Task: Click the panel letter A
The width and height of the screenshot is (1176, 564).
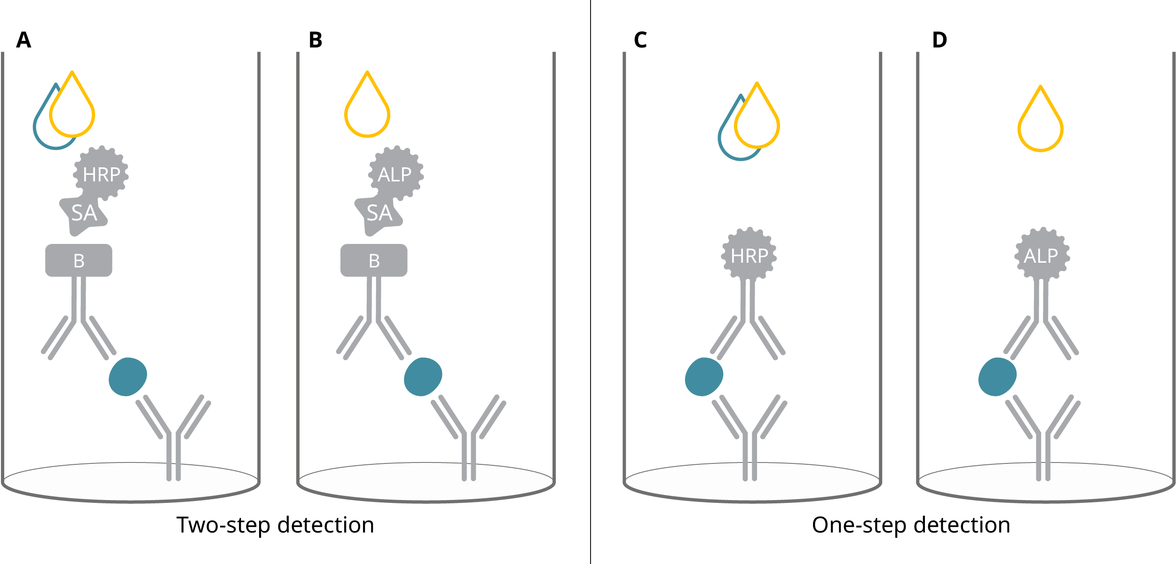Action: pos(24,40)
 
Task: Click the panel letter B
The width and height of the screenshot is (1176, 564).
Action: pos(316,40)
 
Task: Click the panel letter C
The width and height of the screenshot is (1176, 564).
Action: pos(640,40)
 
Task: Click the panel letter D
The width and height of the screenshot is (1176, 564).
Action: pos(939,40)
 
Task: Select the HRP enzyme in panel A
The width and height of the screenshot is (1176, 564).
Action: pos(101,174)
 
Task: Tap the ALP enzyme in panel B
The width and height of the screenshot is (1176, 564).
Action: pos(395,174)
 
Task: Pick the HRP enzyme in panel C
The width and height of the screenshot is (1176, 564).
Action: pos(749,256)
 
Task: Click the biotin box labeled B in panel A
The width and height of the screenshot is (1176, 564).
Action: pos(79,260)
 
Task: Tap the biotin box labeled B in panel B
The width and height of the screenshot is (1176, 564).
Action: pos(374,260)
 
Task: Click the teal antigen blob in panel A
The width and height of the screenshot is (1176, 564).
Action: pos(127,376)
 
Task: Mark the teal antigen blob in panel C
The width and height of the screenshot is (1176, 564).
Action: pos(704,376)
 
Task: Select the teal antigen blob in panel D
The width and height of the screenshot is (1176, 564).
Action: pos(997,376)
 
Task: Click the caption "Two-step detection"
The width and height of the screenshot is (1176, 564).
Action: pos(275,525)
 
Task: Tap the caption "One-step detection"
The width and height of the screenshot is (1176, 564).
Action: pos(911,525)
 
